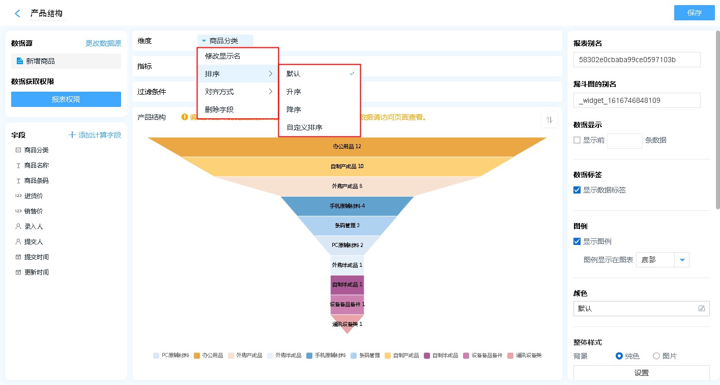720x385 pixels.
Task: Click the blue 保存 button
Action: [694, 13]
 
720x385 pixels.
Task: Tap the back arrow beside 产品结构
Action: [18, 14]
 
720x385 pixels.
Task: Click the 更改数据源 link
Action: [103, 43]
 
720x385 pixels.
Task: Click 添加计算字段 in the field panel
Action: [95, 135]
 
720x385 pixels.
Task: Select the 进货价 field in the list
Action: [33, 196]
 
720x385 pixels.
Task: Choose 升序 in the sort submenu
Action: [294, 92]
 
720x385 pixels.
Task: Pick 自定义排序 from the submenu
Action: [304, 127]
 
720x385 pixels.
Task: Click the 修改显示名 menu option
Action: [222, 56]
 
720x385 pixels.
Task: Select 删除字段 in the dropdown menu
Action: [219, 109]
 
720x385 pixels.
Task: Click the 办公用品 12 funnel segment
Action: [347, 147]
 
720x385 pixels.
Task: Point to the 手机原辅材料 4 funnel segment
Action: [347, 206]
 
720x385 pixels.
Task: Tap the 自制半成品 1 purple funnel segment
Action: [347, 285]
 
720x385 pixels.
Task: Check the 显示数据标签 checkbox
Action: [577, 190]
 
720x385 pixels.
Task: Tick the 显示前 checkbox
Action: [577, 140]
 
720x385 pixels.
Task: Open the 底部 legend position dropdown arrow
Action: [682, 260]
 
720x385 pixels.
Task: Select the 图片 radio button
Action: [656, 356]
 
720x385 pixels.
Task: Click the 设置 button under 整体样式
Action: [641, 373]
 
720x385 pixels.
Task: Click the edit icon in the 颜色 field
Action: [702, 309]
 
